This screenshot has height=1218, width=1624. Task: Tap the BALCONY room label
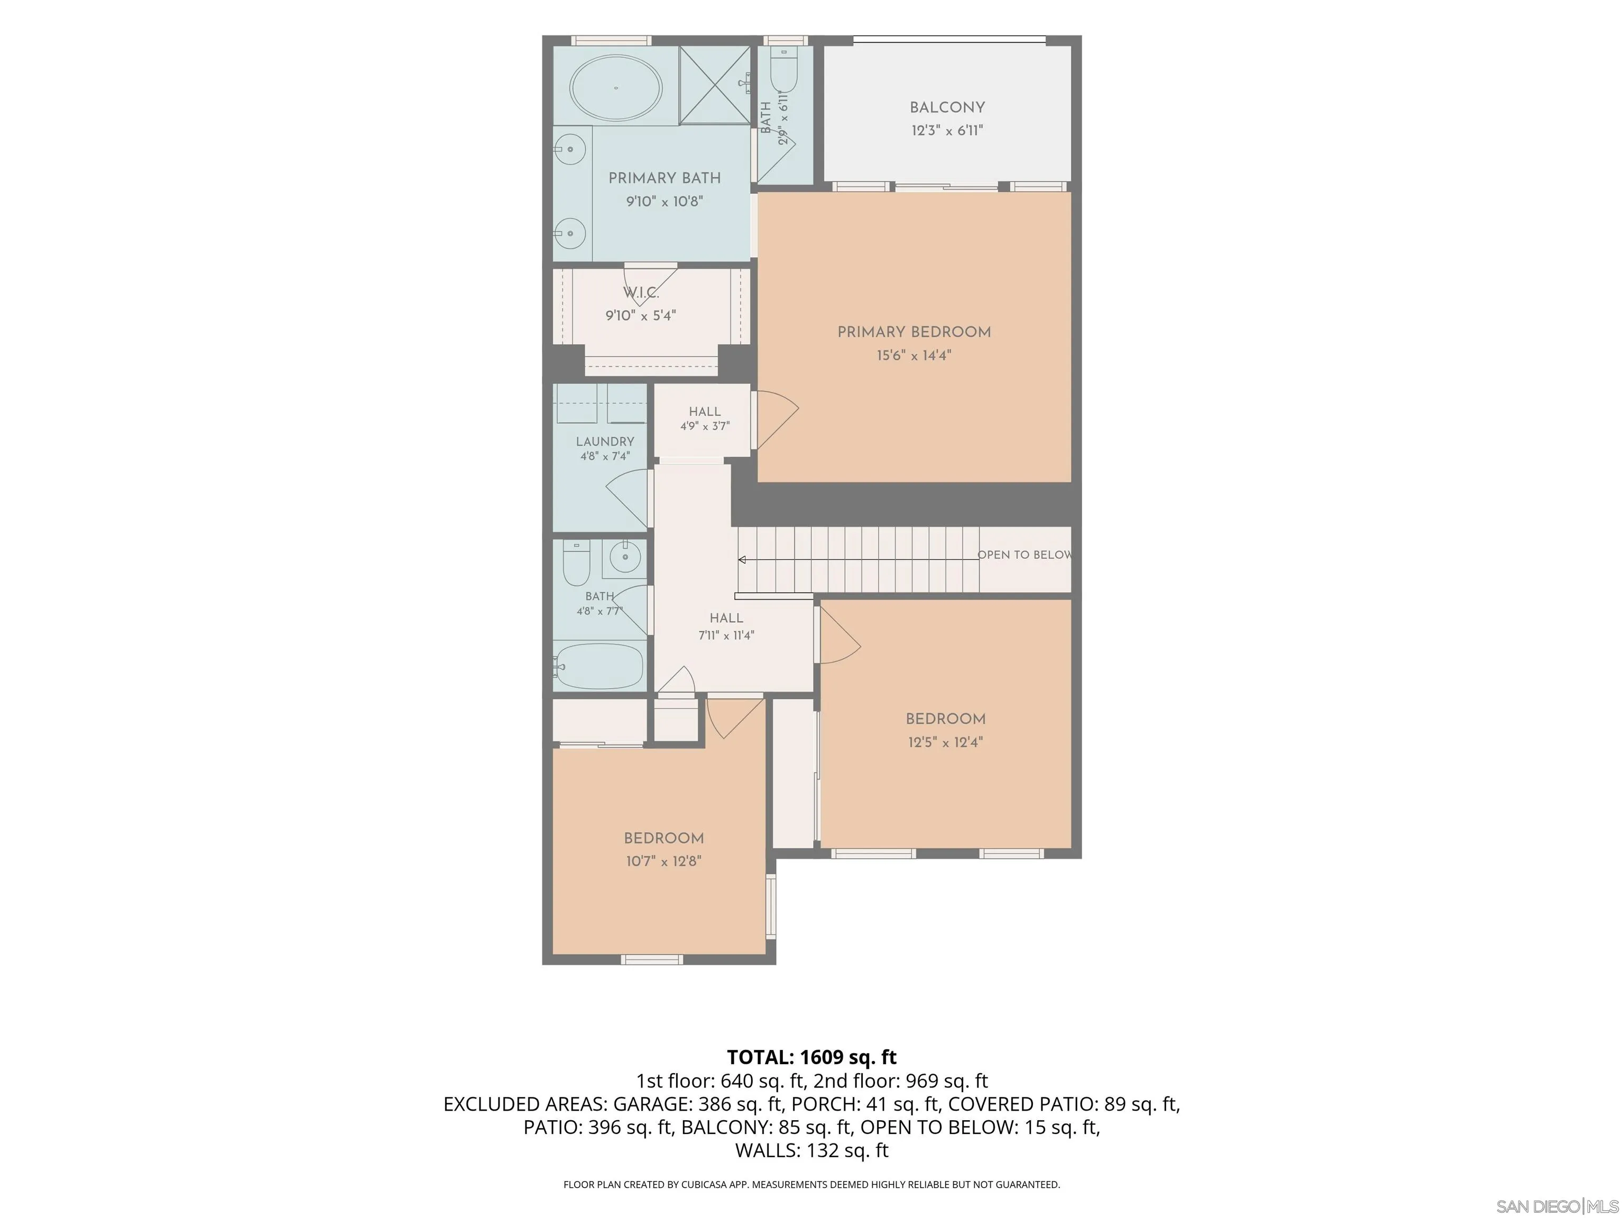[x=947, y=107]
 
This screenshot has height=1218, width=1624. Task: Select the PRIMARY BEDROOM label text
[x=914, y=332]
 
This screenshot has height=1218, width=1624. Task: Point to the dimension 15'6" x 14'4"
[x=914, y=355]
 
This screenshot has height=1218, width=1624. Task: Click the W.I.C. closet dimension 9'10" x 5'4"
[x=640, y=316]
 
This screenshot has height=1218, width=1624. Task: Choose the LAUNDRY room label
[x=605, y=441]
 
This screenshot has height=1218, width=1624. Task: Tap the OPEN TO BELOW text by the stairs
[x=1024, y=555]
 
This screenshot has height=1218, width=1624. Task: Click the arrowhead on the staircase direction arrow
[x=742, y=560]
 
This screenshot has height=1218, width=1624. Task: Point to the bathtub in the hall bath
[x=598, y=666]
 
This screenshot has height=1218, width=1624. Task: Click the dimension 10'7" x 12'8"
[x=663, y=861]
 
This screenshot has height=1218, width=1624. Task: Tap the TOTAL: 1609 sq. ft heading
[x=811, y=1057]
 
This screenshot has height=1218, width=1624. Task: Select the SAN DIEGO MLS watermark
[x=1557, y=1206]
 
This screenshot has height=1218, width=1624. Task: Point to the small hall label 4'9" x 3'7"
[x=705, y=426]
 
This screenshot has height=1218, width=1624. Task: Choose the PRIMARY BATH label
[x=665, y=178]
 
